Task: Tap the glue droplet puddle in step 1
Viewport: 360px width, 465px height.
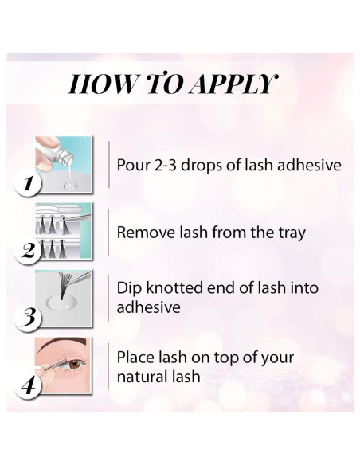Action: pos(71,186)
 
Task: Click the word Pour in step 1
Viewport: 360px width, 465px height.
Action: pos(134,165)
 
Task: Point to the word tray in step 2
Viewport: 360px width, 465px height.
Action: pos(292,233)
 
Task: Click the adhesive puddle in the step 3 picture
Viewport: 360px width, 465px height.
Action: pos(61,302)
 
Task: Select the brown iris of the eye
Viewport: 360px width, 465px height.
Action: pos(75,364)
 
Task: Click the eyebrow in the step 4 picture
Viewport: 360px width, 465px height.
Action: pos(63,343)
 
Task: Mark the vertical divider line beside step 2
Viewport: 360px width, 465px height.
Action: pos(108,232)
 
